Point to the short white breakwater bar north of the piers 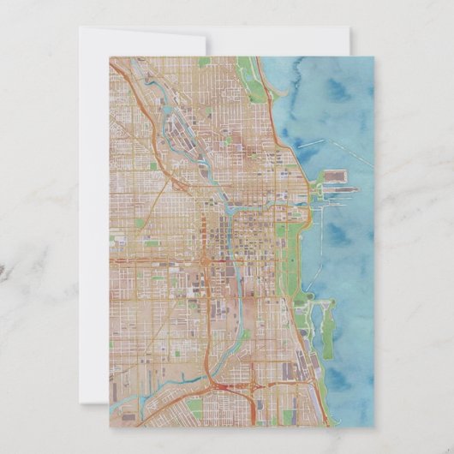pos(312,142)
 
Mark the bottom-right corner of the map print pos(374,427)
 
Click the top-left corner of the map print pos(110,57)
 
